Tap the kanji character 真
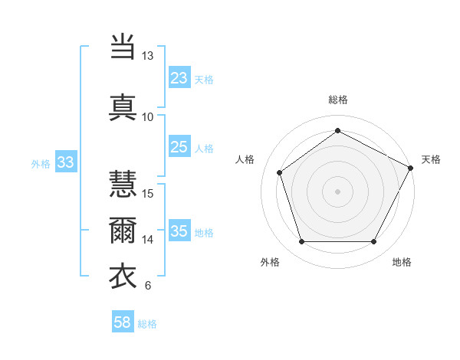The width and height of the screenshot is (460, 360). (x=123, y=106)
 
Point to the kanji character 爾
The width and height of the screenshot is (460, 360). (x=123, y=231)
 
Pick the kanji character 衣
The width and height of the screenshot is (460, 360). (x=123, y=277)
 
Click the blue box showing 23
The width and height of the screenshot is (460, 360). (x=179, y=78)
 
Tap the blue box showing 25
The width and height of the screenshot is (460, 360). (x=179, y=147)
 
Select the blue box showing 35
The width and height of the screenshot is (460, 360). (x=179, y=231)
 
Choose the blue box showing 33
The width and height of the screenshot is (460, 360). (x=65, y=162)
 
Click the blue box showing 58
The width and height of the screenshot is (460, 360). (x=123, y=322)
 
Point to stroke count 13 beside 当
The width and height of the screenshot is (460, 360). (x=147, y=56)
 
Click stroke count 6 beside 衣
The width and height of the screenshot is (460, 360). (x=147, y=286)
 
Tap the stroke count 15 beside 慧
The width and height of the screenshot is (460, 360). (x=148, y=193)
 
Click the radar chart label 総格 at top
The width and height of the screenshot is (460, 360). (x=338, y=100)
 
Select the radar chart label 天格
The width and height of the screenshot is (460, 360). (x=431, y=159)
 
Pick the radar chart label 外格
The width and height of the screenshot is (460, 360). (x=270, y=262)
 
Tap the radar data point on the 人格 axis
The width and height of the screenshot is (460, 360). (x=280, y=172)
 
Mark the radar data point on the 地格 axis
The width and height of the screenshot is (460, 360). (x=373, y=241)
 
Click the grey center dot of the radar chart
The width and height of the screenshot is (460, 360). (x=338, y=191)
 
